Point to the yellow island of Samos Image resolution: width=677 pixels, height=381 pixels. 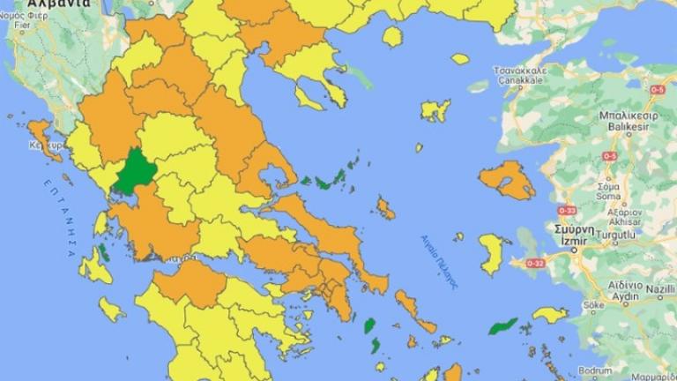549,314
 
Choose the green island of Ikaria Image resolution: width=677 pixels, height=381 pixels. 503,326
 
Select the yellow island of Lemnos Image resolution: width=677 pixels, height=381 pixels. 435,111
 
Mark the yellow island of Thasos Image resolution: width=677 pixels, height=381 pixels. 392,36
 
